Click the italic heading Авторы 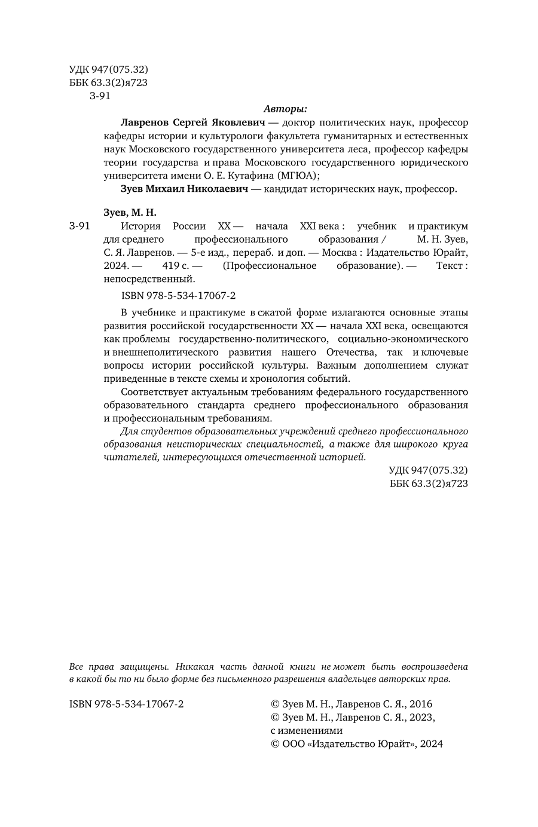coord(285,109)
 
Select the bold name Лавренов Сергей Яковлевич coord(192,122)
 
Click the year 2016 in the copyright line coord(420,705)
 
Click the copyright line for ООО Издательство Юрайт coord(357,744)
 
